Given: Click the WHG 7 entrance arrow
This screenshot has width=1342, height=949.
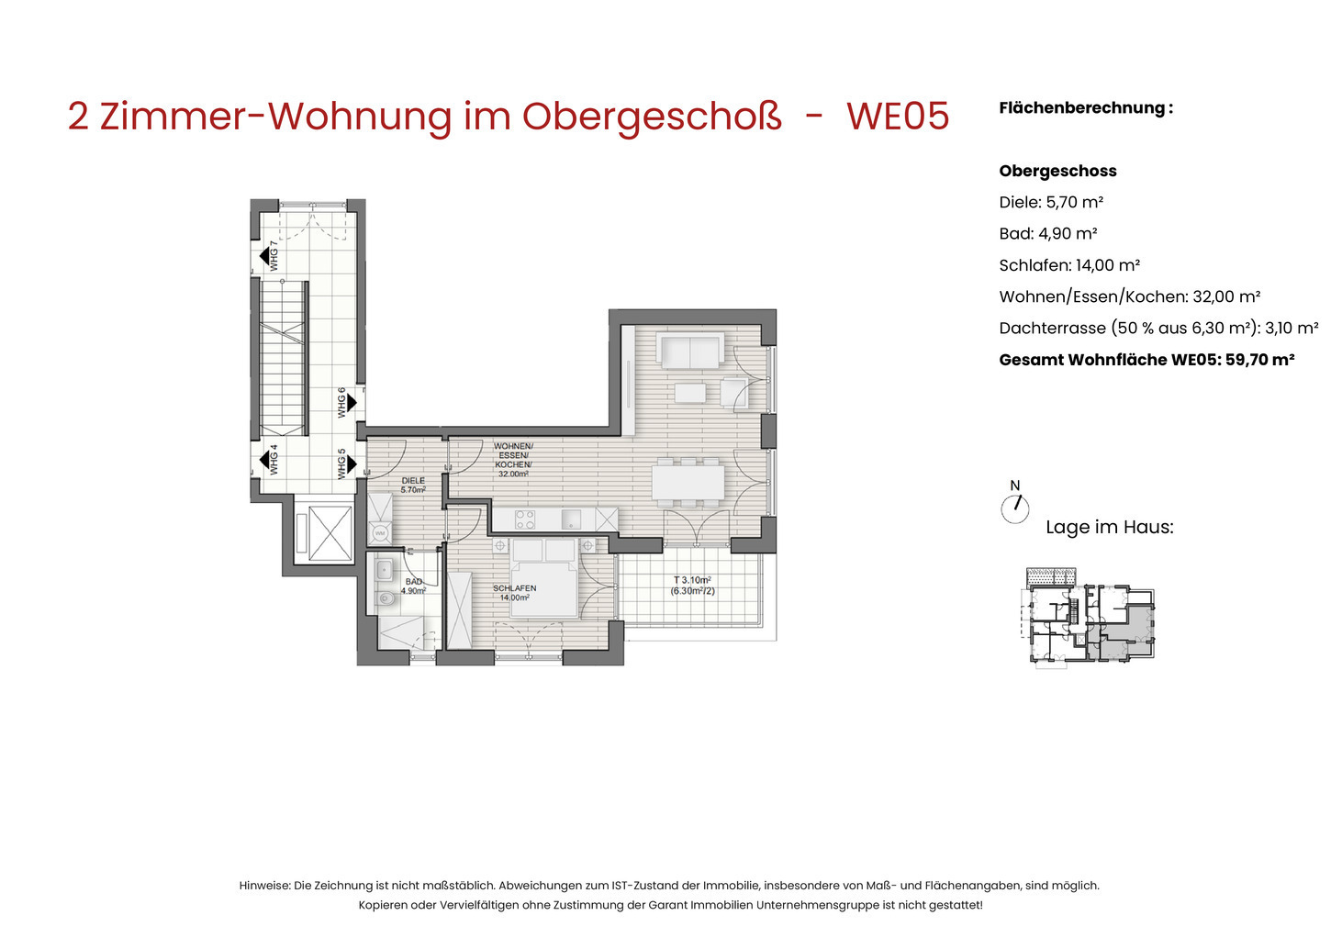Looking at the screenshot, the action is pos(264,256).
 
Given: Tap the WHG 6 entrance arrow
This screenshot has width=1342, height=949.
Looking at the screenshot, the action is pos(352,403).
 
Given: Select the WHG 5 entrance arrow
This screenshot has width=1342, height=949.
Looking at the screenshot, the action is pos(352,463).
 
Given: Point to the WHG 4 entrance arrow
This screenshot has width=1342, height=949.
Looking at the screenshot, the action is pos(264,460).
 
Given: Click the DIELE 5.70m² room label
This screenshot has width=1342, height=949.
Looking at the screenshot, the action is pos(413,486).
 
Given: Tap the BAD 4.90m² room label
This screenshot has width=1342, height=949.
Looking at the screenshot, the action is pos(413,586).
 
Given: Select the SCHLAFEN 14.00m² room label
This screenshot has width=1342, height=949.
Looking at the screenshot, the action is pos(515,593).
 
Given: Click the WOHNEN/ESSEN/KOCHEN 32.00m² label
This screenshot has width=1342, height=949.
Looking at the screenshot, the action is pos(513,460).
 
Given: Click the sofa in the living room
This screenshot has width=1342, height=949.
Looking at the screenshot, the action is pos(690,350).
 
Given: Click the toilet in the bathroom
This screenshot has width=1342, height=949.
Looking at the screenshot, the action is pos(386,597).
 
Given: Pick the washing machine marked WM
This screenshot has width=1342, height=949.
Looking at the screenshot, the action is pos(380,532).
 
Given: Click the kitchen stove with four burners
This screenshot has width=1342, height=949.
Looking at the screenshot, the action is pos(525,519).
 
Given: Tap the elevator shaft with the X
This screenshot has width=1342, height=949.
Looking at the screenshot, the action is pos(330,533).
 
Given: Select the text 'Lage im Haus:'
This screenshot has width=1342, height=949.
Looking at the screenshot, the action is pos(1110,527).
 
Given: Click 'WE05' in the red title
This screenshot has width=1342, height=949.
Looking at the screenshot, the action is pos(898,116).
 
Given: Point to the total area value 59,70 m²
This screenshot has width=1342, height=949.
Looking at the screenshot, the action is pos(1260,360).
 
